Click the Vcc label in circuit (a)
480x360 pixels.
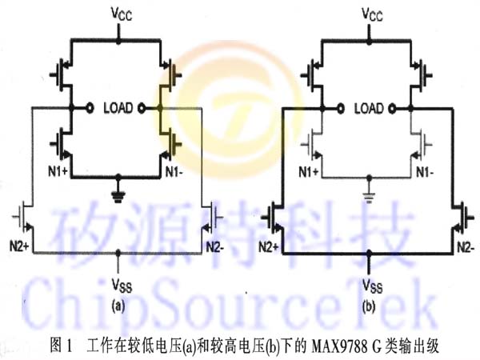point(122,14)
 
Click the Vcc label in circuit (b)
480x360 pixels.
point(372,14)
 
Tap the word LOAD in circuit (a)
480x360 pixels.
point(118,108)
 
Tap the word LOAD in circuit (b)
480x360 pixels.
point(369,108)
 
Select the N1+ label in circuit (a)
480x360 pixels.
point(58,172)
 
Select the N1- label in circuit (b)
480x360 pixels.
point(425,173)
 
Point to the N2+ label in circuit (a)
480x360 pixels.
point(19,246)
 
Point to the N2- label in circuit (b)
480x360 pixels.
point(466,247)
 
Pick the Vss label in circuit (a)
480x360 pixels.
point(122,286)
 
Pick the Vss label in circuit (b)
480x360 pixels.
point(373,286)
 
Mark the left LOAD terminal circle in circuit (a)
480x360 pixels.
point(90,108)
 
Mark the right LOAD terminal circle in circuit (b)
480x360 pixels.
point(392,108)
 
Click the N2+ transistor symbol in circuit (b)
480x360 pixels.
point(273,218)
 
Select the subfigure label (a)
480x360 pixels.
point(118,306)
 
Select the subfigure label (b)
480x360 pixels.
point(369,306)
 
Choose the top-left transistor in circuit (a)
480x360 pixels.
point(62,74)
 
